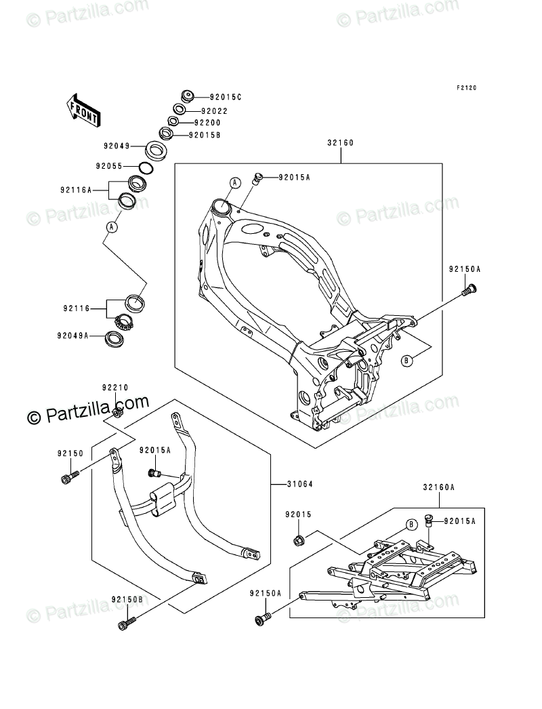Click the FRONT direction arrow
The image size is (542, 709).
83,108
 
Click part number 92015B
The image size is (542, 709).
204,135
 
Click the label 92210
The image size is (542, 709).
115,388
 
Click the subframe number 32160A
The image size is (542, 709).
438,487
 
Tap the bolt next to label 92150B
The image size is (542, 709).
126,622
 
